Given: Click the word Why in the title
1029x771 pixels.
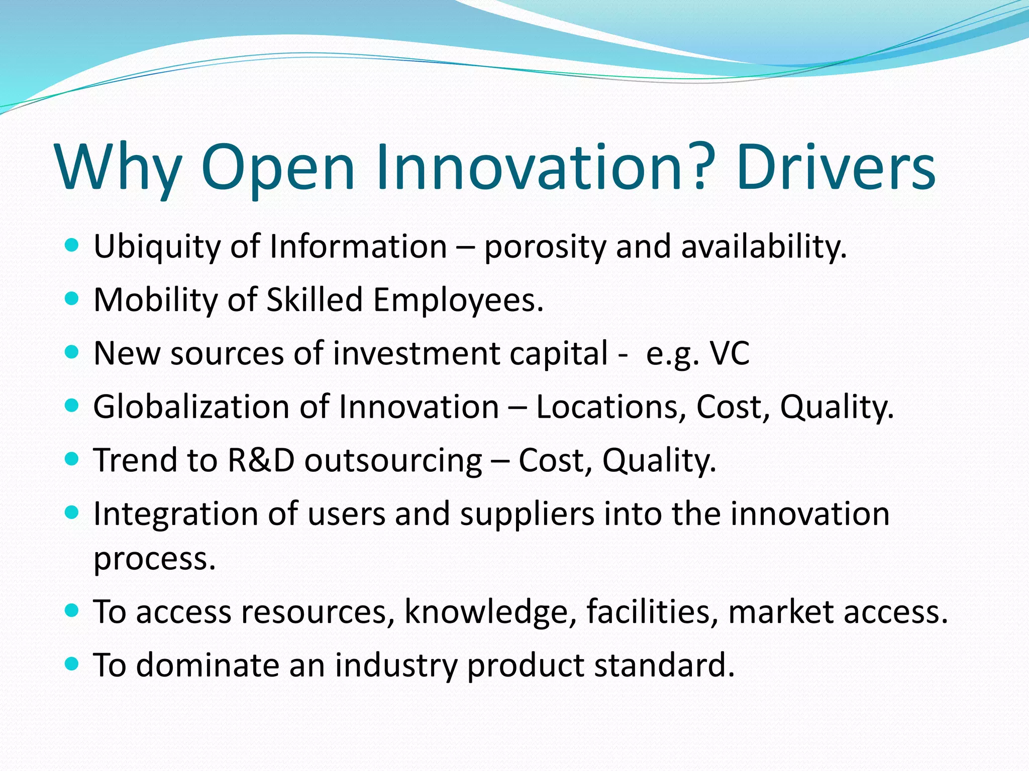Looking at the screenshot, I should pos(119,168).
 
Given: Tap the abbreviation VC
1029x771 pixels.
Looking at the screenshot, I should pos(729,353).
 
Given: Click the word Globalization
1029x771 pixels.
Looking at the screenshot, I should pos(191,406).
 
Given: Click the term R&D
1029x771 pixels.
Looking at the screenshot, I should pos(261,460).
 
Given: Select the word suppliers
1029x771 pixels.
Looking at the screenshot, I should pos(527,515).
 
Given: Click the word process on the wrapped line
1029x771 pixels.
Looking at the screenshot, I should pos(155,559).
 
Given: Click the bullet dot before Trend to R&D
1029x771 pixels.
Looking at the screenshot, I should pos(72,458).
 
